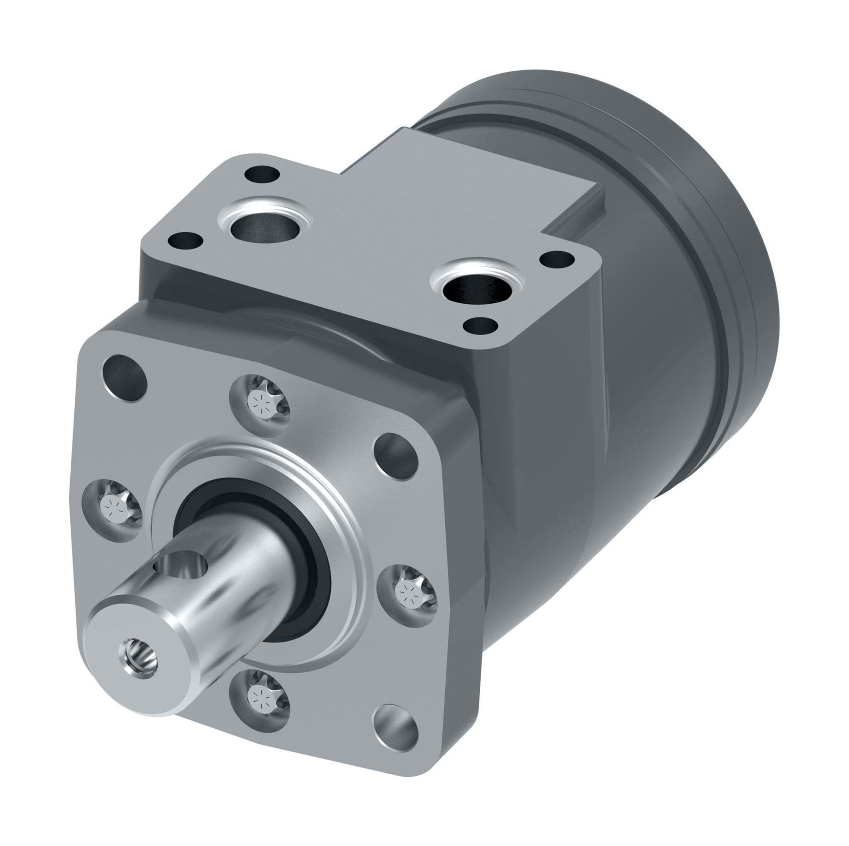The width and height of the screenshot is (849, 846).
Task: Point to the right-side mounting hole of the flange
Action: pyautogui.click(x=396, y=456)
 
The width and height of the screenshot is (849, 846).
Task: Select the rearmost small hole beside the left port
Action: pyautogui.click(x=264, y=174)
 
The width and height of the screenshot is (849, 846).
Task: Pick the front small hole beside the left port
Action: pyautogui.click(x=186, y=242)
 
